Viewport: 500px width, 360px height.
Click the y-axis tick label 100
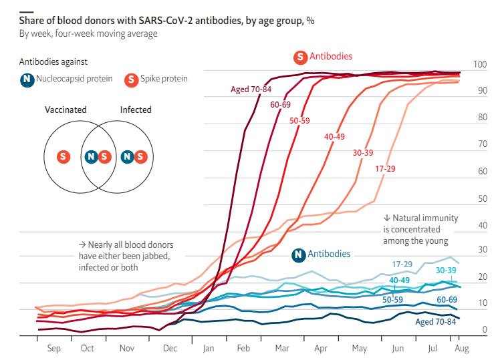[x=480, y=64]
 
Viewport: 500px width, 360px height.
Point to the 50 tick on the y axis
[x=483, y=198]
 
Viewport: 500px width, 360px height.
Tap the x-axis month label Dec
[x=170, y=348]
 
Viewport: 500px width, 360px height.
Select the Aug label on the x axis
[x=461, y=348]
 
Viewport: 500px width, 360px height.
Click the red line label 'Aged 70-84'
[x=251, y=89]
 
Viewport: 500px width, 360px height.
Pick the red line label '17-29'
[x=385, y=168]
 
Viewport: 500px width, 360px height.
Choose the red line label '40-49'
[x=334, y=137]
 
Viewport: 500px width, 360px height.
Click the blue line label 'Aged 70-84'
[x=436, y=322]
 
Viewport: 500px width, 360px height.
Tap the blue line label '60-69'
[x=447, y=299]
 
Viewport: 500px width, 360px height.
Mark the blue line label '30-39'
[x=446, y=270]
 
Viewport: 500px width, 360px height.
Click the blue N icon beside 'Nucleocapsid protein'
[x=27, y=79]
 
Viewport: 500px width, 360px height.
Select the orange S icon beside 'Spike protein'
[x=132, y=79]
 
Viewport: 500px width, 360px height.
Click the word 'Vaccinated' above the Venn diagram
[x=66, y=110]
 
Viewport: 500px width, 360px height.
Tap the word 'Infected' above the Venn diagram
[x=136, y=110]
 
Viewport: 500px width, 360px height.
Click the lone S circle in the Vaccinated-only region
[x=64, y=157]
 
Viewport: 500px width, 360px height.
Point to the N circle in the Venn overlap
[x=91, y=157]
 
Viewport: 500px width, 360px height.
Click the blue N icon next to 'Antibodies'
[x=299, y=255]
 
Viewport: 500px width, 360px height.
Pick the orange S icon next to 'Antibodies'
[x=300, y=57]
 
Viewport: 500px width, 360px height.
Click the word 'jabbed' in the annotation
[x=156, y=256]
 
